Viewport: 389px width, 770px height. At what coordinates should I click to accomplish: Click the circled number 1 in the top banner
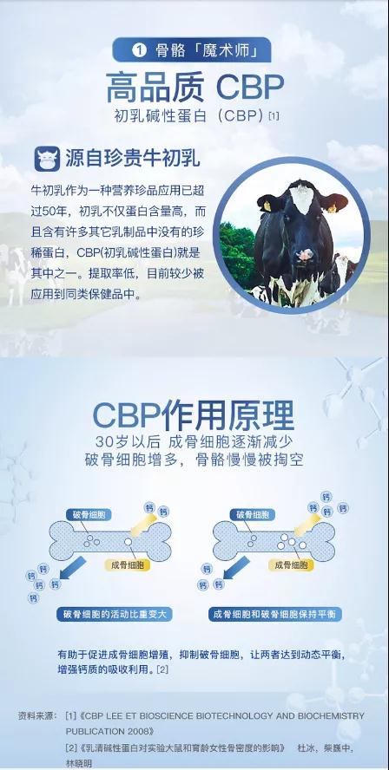140,51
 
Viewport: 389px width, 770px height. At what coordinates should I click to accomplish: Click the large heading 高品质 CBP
195,88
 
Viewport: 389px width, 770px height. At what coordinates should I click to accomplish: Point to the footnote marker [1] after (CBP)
274,117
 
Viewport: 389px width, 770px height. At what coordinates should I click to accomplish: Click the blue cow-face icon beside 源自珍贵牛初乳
47,159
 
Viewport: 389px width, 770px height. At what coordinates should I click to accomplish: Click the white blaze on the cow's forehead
302,197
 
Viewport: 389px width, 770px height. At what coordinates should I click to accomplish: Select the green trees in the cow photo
236,254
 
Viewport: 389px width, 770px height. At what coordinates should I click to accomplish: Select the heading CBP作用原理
194,415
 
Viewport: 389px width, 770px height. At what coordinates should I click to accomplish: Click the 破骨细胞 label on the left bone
89,515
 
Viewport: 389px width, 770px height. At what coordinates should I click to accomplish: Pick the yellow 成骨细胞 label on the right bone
291,565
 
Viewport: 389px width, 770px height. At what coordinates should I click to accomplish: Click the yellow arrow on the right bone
307,524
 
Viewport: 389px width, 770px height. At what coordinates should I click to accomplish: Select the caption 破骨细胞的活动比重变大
115,614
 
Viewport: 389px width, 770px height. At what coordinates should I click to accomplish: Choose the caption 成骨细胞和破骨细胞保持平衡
275,614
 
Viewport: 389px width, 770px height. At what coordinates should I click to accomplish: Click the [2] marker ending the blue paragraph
162,669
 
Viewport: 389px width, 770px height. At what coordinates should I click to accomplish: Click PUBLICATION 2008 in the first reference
109,731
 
